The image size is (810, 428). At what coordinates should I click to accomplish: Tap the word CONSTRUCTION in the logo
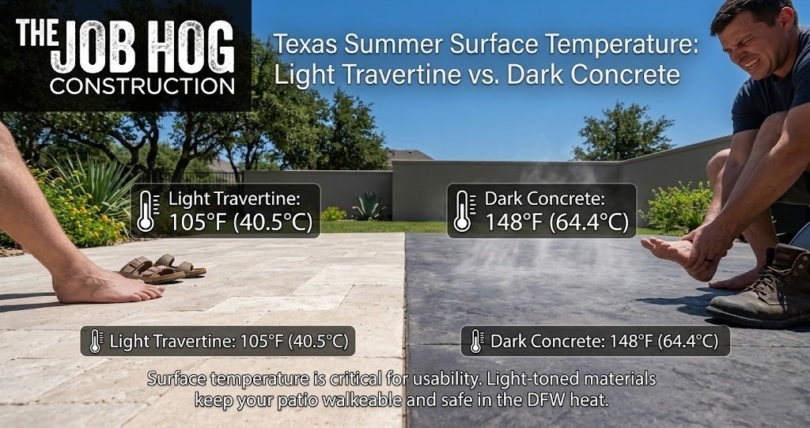click(142, 85)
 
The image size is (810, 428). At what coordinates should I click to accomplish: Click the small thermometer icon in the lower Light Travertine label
click(96, 342)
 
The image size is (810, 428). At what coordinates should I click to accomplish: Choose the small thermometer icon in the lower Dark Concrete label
click(476, 342)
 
